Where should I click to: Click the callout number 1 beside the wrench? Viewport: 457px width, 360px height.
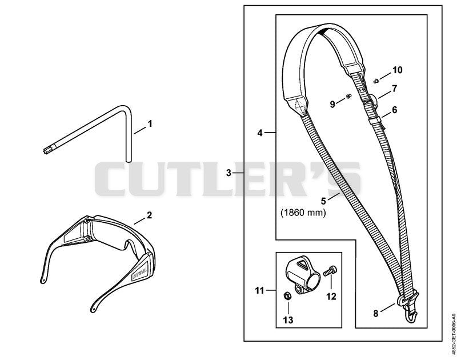click(x=150, y=124)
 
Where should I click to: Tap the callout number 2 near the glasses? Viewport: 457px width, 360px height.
click(x=149, y=215)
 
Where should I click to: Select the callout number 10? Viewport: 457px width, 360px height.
click(x=397, y=70)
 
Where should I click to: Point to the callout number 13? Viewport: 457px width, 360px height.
click(x=288, y=320)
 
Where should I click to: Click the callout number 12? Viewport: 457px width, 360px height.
click(x=331, y=297)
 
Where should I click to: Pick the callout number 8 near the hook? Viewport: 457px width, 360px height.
click(x=376, y=314)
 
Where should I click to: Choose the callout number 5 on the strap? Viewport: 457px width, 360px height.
click(x=323, y=201)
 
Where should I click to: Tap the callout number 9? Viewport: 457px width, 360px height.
click(x=332, y=104)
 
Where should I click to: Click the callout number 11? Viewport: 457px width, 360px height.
click(x=259, y=291)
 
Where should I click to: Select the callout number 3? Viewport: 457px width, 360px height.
click(x=228, y=173)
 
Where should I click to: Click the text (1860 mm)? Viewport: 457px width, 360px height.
click(x=303, y=213)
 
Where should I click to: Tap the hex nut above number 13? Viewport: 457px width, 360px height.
click(x=287, y=295)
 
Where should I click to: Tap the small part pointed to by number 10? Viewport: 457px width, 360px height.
click(x=376, y=81)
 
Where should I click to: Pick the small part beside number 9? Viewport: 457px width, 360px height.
click(x=348, y=96)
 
